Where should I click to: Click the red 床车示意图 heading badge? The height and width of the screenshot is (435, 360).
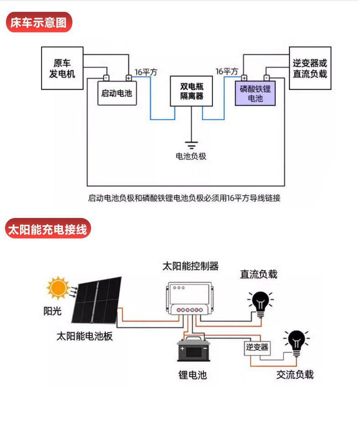[39, 22]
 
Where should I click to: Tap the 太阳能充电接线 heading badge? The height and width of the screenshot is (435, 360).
[48, 228]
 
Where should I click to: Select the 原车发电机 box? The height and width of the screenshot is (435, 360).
[62, 68]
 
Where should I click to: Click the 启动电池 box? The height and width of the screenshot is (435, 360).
[117, 93]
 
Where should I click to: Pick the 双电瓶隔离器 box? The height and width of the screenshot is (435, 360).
[191, 91]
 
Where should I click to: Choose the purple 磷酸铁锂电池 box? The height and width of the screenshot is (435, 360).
[255, 93]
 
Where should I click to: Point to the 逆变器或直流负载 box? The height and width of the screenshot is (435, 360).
[310, 68]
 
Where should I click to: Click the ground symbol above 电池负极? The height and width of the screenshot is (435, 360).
[191, 145]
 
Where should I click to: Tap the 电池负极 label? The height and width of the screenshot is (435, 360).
[191, 156]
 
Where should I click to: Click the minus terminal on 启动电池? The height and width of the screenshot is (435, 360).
[106, 78]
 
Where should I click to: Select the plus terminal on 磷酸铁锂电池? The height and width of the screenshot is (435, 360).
[244, 78]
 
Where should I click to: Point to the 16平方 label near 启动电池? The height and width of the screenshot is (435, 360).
[146, 72]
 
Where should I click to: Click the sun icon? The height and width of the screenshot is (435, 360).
[58, 288]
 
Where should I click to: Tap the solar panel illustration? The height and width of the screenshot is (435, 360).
[97, 300]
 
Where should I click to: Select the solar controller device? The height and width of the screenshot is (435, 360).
[190, 299]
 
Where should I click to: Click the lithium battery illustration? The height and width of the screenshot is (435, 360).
[194, 349]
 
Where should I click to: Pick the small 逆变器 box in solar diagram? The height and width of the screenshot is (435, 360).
[257, 347]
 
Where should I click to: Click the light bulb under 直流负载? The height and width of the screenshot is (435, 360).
[261, 304]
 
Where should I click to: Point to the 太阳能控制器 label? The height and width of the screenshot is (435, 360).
[190, 266]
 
